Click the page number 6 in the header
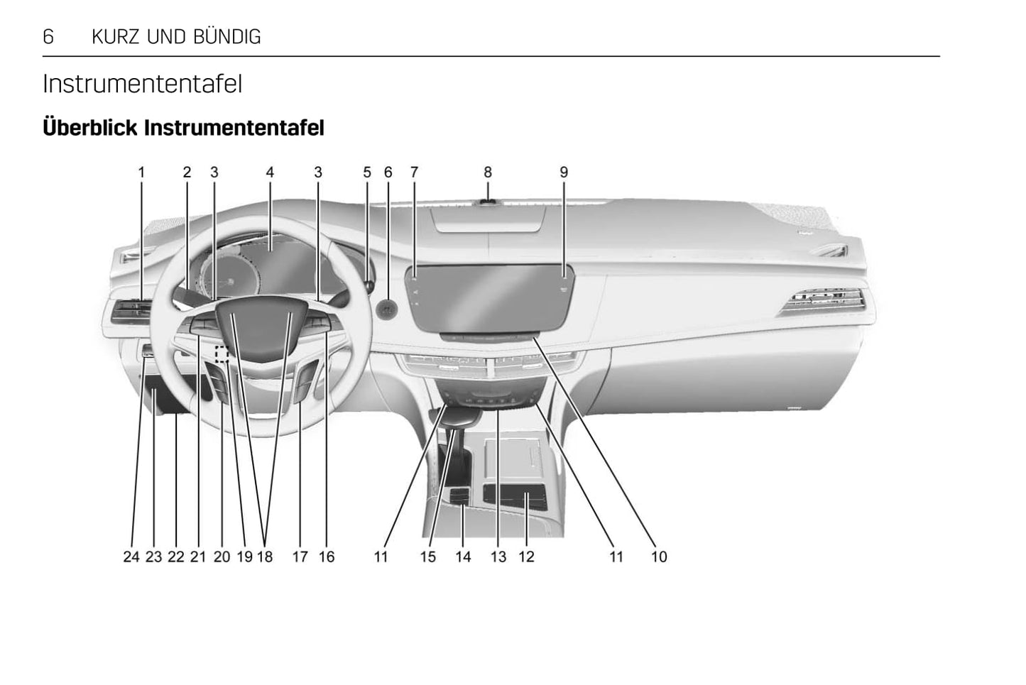[48, 36]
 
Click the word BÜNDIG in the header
[231, 36]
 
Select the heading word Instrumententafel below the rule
[142, 84]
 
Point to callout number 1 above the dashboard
[141, 172]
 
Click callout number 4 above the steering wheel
[270, 172]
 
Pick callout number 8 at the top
[488, 172]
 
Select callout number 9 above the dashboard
[564, 172]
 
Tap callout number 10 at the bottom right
[659, 557]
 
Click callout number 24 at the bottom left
[131, 557]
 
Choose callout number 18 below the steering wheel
[265, 557]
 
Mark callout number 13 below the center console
[498, 557]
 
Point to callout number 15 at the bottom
[427, 557]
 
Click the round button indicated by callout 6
[387, 308]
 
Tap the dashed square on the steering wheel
[221, 353]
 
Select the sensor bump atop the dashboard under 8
[488, 202]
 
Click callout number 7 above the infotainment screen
[414, 172]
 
